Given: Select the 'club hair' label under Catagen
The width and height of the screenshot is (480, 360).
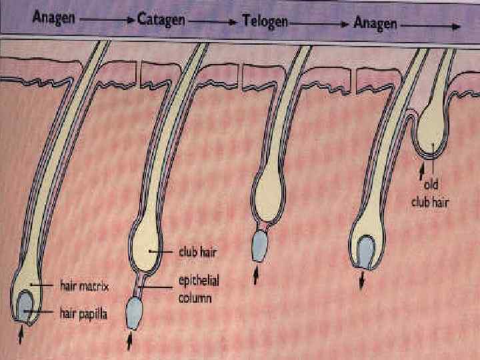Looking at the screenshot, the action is [198, 251].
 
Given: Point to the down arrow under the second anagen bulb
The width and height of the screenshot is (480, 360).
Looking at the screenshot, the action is [362, 283].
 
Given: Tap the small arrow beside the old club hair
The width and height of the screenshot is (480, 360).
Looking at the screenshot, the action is [421, 173].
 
